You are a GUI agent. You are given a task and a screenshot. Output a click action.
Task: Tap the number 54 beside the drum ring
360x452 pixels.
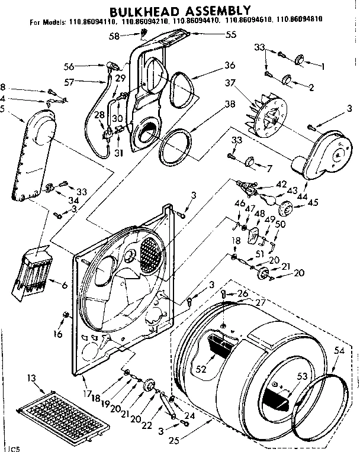coord(339,351)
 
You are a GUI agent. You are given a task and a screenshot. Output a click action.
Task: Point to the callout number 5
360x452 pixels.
coord(5,108)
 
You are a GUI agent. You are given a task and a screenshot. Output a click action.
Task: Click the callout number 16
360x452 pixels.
coord(57,334)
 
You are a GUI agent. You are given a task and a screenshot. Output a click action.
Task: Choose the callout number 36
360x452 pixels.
coord(213,65)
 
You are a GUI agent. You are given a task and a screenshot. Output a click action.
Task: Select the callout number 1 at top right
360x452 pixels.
coord(323,66)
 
